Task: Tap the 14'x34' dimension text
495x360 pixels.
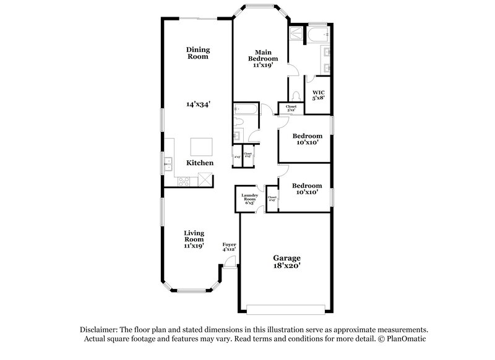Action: pyautogui.click(x=199, y=105)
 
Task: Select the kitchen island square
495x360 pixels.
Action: pyautogui.click(x=202, y=147)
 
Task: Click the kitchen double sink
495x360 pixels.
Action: pyautogui.click(x=168, y=164)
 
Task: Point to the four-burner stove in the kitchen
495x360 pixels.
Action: pyautogui.click(x=183, y=181)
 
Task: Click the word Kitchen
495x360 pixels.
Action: pyautogui.click(x=200, y=163)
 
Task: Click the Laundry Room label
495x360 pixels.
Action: pyautogui.click(x=250, y=199)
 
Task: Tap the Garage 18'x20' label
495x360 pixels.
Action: pyautogui.click(x=286, y=262)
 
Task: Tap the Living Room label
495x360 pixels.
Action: pyautogui.click(x=194, y=239)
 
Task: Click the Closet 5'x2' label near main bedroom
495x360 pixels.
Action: pyautogui.click(x=291, y=108)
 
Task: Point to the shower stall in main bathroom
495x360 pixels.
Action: pyautogui.click(x=296, y=34)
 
